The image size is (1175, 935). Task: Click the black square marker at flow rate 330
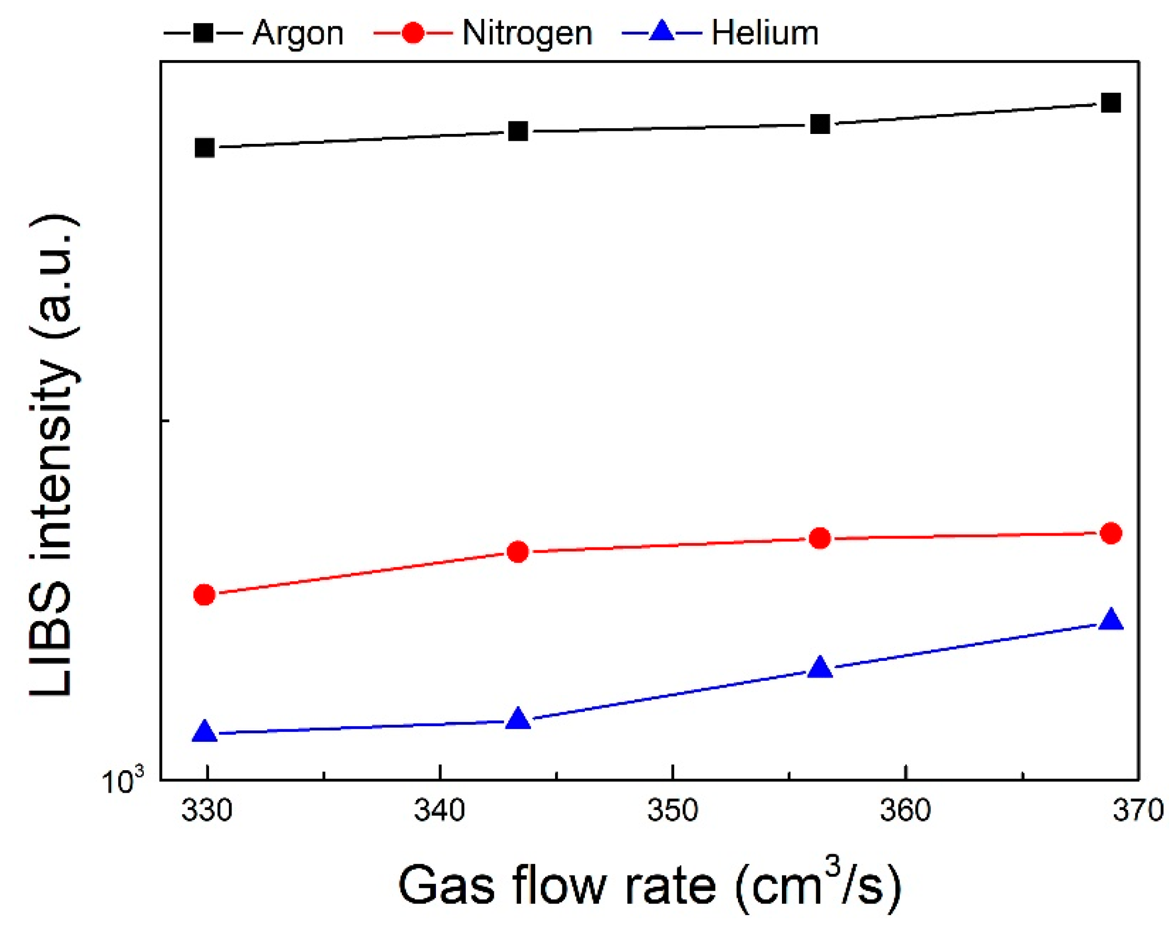[205, 148]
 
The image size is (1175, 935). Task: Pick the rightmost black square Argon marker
[1111, 103]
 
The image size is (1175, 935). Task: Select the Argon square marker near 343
[518, 131]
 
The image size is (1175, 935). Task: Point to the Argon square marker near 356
[820, 125]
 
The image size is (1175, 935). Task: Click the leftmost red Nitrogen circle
[205, 594]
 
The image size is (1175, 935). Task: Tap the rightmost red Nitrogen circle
[1111, 533]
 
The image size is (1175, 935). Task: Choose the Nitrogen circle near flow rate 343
[518, 552]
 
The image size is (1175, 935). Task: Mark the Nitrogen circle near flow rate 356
[820, 538]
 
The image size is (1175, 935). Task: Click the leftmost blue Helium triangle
[205, 732]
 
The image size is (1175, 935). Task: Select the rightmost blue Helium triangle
[1111, 621]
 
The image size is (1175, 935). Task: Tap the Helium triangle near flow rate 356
[820, 668]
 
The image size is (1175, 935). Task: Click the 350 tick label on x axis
[673, 810]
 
